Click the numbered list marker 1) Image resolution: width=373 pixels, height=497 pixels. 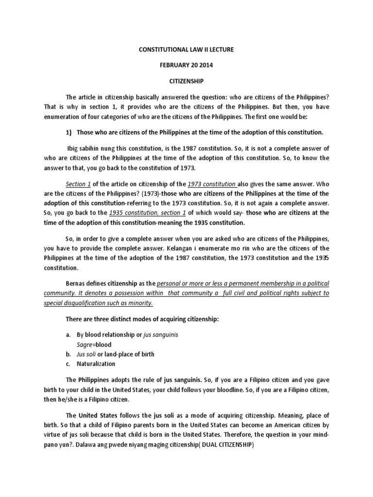click(x=69, y=133)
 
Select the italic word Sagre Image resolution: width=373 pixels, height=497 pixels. click(x=85, y=345)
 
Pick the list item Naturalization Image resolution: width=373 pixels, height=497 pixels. click(x=96, y=364)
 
